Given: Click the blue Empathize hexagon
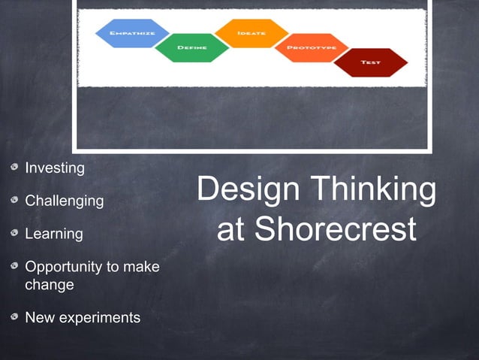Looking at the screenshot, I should tap(132, 34).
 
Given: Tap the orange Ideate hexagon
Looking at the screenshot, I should tap(250, 34).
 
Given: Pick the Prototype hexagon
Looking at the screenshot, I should tap(311, 48).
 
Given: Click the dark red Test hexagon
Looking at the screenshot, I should tap(369, 62).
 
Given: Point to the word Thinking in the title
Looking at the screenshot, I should tap(372, 189).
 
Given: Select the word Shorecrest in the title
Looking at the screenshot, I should tap(335, 230).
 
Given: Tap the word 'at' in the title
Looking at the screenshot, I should tap(230, 231).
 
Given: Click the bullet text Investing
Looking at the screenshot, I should tap(55, 168).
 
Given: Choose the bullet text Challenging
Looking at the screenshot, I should tap(65, 201).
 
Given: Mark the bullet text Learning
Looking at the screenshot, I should tap(54, 234).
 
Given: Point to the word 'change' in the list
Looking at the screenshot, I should tap(50, 285).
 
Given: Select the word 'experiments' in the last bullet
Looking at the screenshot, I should tap(100, 317).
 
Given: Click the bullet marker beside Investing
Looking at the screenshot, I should tap(14, 168).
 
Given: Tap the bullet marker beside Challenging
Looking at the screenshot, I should tap(14, 201).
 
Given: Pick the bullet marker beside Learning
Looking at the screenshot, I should tap(14, 234).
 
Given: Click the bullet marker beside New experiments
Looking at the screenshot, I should tap(14, 317).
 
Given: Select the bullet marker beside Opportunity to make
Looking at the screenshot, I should tap(14, 267).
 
